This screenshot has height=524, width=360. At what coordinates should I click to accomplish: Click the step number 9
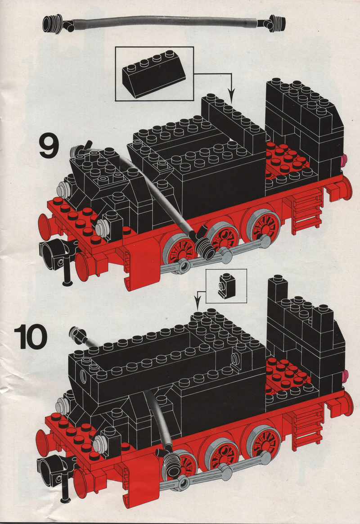[x=49, y=146]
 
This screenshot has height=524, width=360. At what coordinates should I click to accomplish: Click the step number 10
[x=31, y=337]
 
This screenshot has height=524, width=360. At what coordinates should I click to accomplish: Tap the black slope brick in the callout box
[x=154, y=73]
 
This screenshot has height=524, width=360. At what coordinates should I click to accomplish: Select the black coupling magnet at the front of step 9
[x=53, y=255]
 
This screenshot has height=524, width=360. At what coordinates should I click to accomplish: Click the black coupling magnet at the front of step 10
[x=52, y=471]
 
